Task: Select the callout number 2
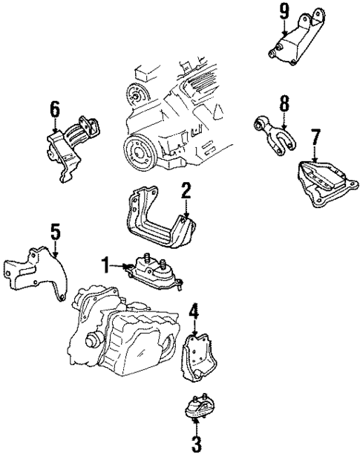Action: coord(186,191)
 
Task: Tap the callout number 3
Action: coord(196,444)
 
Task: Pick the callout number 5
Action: coord(55,233)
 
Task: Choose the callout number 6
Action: coord(55,110)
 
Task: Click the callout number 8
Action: coord(284,102)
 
